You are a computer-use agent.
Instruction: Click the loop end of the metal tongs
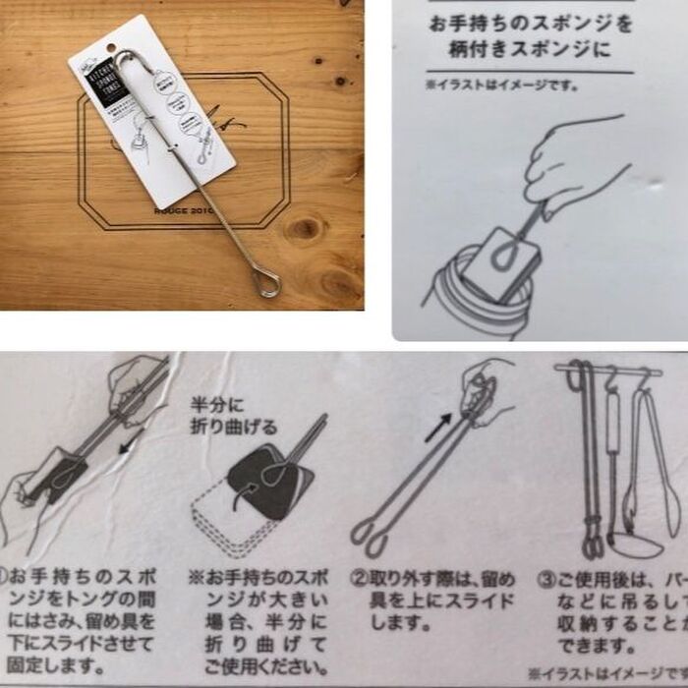coord(267,284)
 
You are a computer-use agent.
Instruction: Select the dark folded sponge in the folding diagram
coord(270,478)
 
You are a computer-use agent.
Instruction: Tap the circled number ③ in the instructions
coord(543,578)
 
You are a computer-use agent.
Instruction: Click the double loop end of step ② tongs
coord(370,534)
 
